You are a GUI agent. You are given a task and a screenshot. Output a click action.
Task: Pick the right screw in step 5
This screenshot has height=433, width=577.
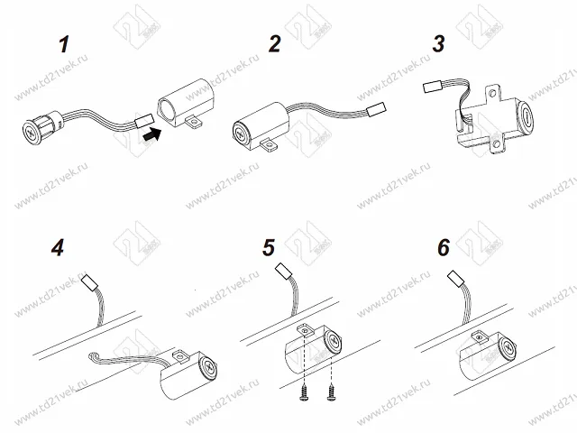click(x=334, y=393)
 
